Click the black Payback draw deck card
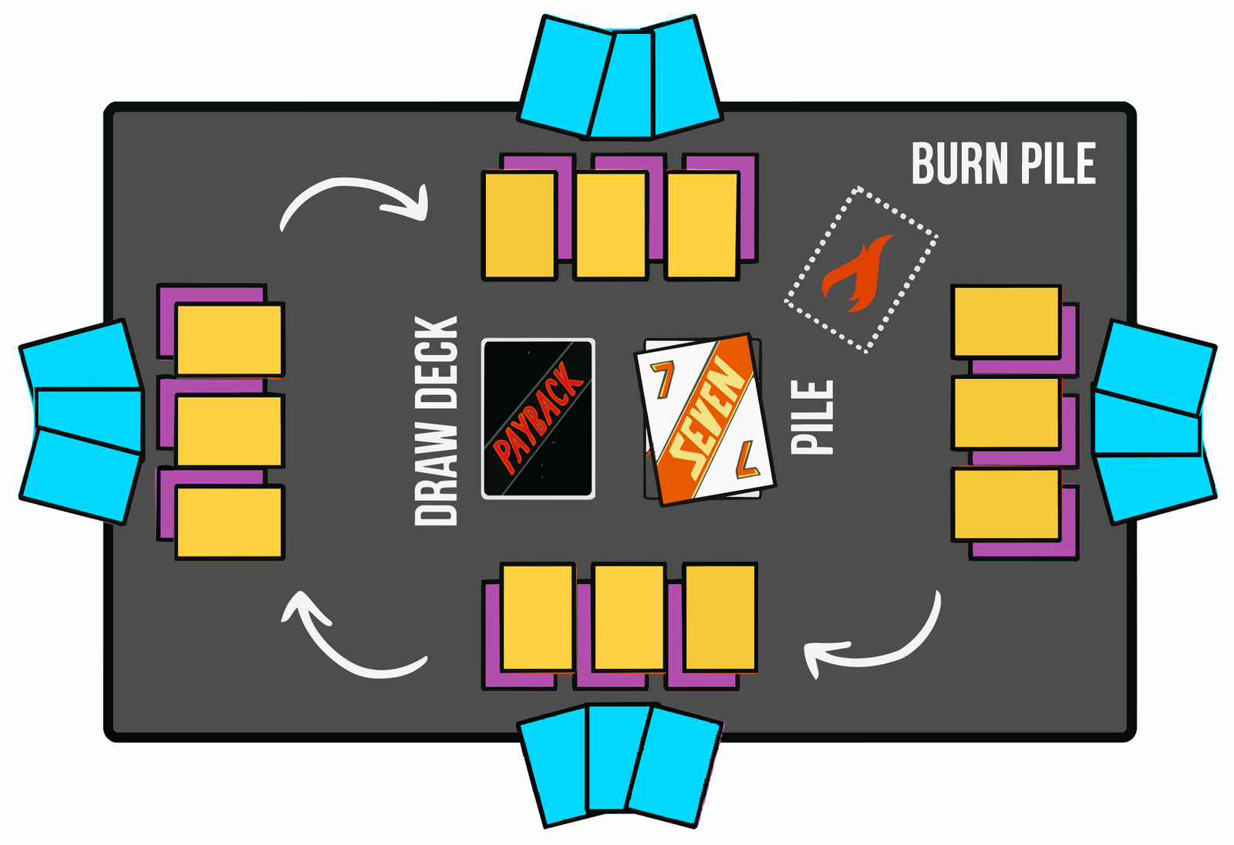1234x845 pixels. pyautogui.click(x=538, y=419)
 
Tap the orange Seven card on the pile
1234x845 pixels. pyautogui.click(x=706, y=420)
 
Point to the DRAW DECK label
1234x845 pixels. pyautogui.click(x=436, y=421)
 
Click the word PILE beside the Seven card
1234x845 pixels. pyautogui.click(x=812, y=417)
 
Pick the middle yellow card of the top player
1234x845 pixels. pyautogui.click(x=611, y=225)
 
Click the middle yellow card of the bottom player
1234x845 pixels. pyautogui.click(x=629, y=618)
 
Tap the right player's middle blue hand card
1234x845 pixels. pyautogui.click(x=1146, y=424)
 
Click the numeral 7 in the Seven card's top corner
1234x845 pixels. pyautogui.click(x=663, y=379)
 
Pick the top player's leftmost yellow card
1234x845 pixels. pyautogui.click(x=520, y=225)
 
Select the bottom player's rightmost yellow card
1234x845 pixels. pyautogui.click(x=720, y=618)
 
